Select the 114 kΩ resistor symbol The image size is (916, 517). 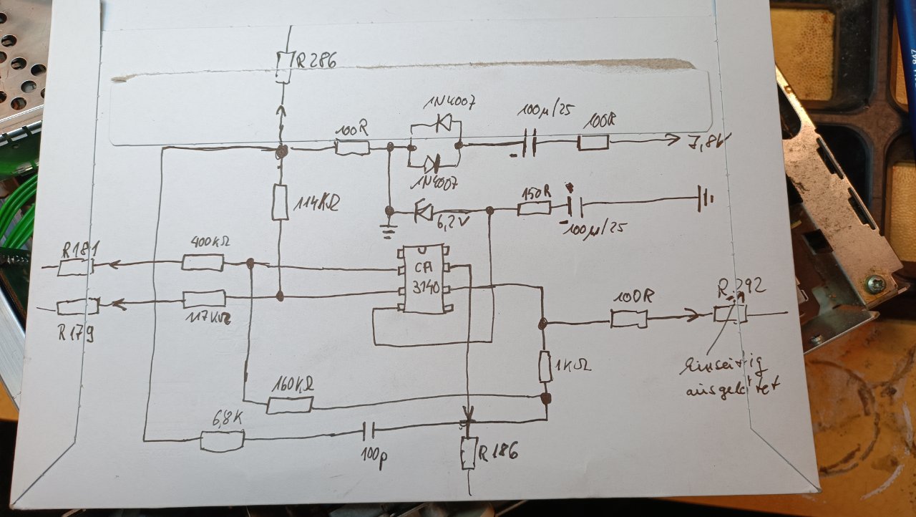click(x=280, y=202)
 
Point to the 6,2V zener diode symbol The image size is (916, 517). click(x=424, y=211)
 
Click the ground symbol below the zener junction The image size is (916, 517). click(x=389, y=230)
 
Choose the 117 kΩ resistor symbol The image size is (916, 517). click(x=204, y=299)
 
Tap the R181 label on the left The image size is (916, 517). click(x=81, y=249)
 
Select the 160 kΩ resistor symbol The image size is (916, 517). click(x=289, y=405)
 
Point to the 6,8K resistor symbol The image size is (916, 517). click(x=222, y=441)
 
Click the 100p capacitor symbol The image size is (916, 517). click(x=368, y=431)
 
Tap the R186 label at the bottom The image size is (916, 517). click(x=498, y=452)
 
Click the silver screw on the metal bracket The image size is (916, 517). click(x=874, y=284)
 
